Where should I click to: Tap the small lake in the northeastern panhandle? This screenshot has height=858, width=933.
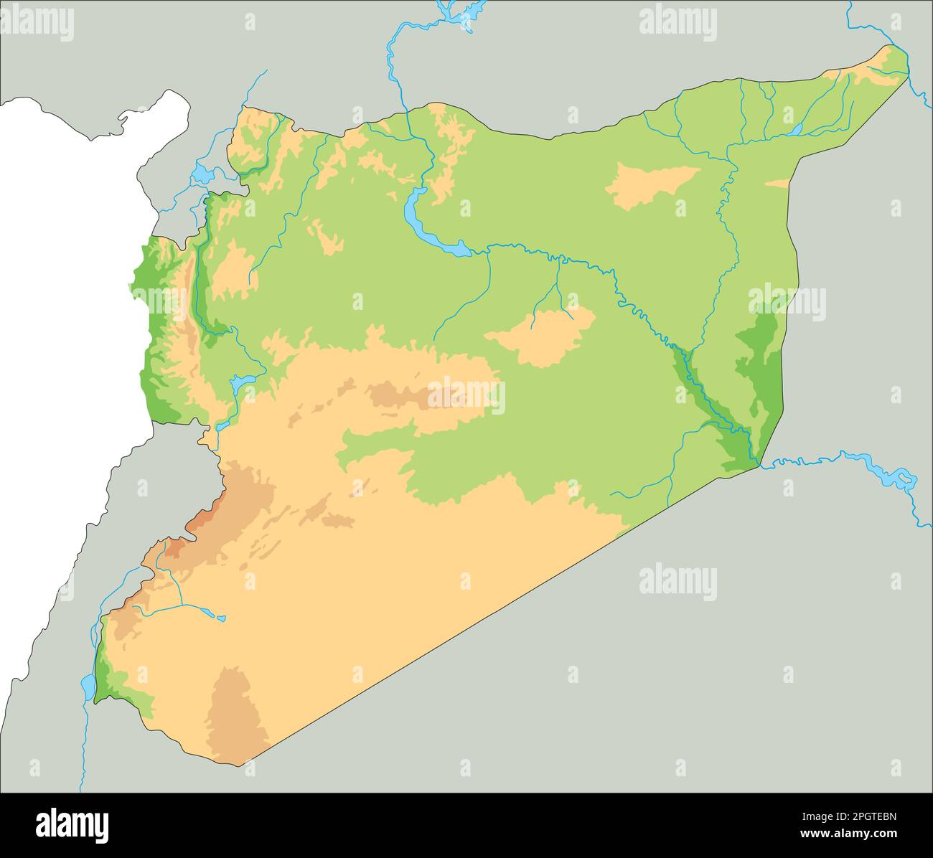pyautogui.click(x=796, y=129)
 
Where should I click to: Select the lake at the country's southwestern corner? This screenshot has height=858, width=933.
pyautogui.click(x=88, y=686)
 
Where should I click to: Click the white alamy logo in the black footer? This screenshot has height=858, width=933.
pyautogui.click(x=72, y=825)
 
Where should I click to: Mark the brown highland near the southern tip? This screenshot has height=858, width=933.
pyautogui.click(x=235, y=707)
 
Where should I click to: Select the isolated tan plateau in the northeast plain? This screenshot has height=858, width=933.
pyautogui.click(x=650, y=183)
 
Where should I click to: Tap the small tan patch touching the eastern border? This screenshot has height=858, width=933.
pyautogui.click(x=778, y=184)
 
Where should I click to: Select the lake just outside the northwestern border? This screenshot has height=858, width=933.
pyautogui.click(x=202, y=174)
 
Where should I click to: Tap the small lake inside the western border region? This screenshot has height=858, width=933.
pyautogui.click(x=241, y=383)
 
